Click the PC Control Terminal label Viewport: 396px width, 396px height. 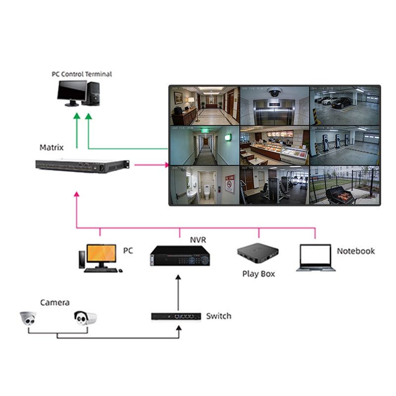[82, 74]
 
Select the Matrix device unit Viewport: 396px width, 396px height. [82, 166]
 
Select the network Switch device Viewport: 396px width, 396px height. [176, 316]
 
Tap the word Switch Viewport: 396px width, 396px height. [218, 316]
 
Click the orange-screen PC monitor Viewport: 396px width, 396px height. [102, 254]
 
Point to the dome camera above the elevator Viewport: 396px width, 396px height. [274, 92]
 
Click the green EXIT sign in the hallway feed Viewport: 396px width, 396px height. [204, 131]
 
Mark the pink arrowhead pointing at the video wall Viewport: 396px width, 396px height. [166, 165]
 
